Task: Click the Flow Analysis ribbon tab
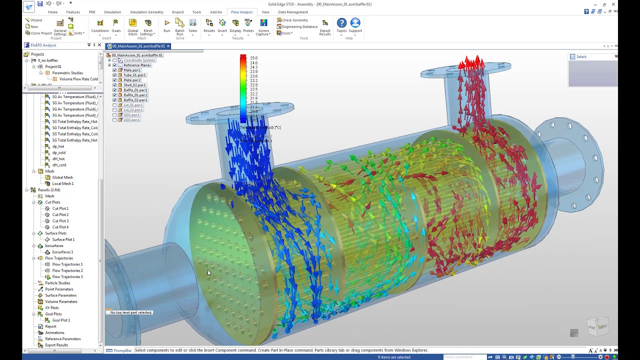(241, 12)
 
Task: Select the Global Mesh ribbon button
(132, 27)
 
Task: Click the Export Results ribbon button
(325, 27)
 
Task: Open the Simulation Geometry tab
(146, 12)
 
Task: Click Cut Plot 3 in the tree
(60, 221)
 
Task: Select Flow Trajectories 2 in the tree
(67, 270)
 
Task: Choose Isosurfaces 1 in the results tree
(62, 252)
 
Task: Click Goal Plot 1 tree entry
(61, 320)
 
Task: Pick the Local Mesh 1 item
(62, 183)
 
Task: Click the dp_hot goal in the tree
(58, 146)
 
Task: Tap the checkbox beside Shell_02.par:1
(114, 85)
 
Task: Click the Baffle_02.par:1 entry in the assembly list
(135, 100)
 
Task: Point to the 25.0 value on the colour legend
(253, 58)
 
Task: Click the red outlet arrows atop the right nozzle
(471, 63)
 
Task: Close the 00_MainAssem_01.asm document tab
(168, 46)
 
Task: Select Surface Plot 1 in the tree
(63, 239)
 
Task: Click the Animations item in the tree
(54, 332)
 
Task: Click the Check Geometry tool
(294, 20)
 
